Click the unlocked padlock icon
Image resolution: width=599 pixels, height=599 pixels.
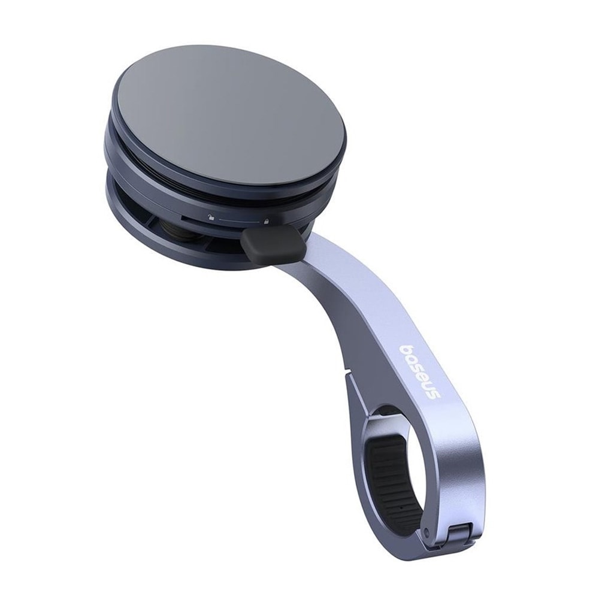point(210,218)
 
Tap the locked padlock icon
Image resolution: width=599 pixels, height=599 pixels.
point(265,222)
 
